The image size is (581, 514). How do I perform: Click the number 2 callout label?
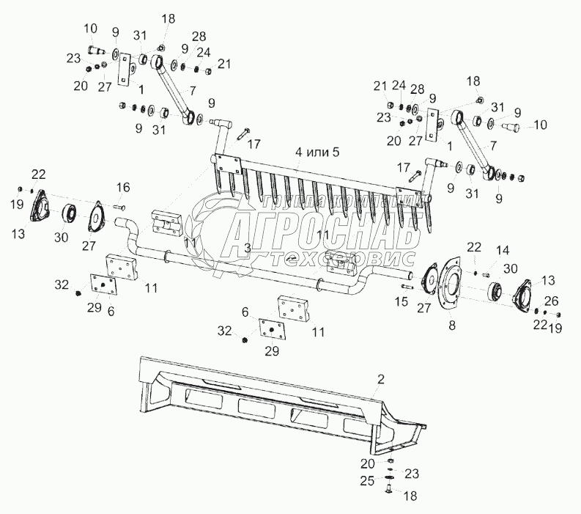click(380, 379)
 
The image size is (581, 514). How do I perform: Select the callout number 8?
click(451, 326)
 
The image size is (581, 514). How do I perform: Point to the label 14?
click(502, 250)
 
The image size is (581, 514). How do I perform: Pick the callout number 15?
click(401, 301)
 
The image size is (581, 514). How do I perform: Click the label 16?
click(123, 187)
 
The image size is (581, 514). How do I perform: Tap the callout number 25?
click(367, 480)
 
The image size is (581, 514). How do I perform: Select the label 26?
click(551, 301)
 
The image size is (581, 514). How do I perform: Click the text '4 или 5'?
click(317, 152)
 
